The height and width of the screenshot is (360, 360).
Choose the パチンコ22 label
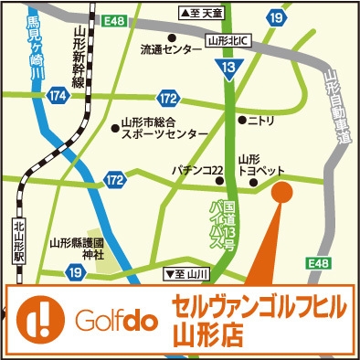[198, 171]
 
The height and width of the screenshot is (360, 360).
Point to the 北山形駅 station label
[19, 241]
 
